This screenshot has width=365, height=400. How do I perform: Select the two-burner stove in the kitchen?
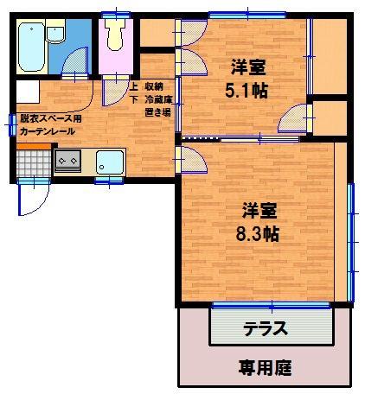[x=67, y=160]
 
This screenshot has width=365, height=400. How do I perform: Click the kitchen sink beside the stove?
[x=110, y=162]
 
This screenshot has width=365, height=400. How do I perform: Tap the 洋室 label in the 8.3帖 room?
[x=259, y=209]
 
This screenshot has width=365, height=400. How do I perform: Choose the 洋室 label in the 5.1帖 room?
[x=247, y=65]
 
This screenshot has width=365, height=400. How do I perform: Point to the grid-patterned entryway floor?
[x=33, y=160]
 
